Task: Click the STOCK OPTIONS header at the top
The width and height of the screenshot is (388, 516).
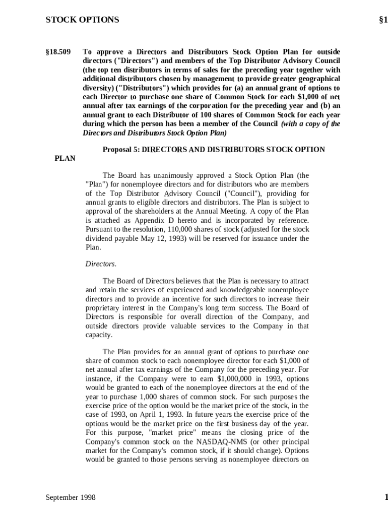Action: (82, 20)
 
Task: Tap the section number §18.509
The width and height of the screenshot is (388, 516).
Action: (58, 52)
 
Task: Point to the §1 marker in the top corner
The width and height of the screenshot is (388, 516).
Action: (383, 20)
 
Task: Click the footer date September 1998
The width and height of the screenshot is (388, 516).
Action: (71, 498)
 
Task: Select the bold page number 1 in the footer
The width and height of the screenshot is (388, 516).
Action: (386, 498)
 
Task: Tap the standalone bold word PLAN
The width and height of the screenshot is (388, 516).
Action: (65, 159)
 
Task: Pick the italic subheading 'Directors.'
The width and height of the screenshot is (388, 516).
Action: (101, 264)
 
